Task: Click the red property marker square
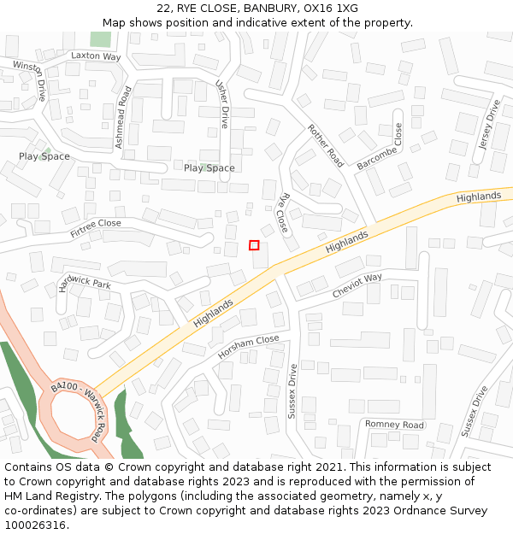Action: coord(254,245)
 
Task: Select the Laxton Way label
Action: coord(96,56)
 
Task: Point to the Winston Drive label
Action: coord(28,80)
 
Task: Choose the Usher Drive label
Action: coord(223,104)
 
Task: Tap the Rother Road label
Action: coord(325,145)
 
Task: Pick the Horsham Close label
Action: coord(248,346)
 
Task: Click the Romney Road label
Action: coord(394,425)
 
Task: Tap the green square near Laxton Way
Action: coord(101,38)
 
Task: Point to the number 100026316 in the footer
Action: coord(35,525)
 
